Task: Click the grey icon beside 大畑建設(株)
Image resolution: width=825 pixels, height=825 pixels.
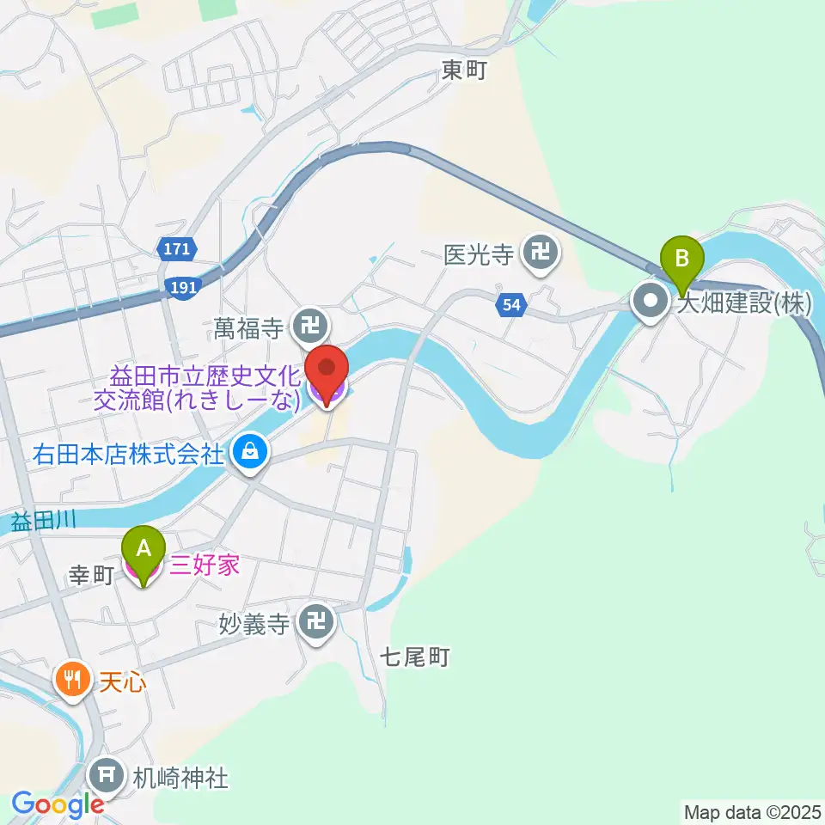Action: [650, 302]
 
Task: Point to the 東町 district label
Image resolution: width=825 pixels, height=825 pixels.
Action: [464, 70]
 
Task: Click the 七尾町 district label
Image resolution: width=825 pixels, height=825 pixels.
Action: [416, 658]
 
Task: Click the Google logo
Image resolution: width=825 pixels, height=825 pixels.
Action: [58, 805]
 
